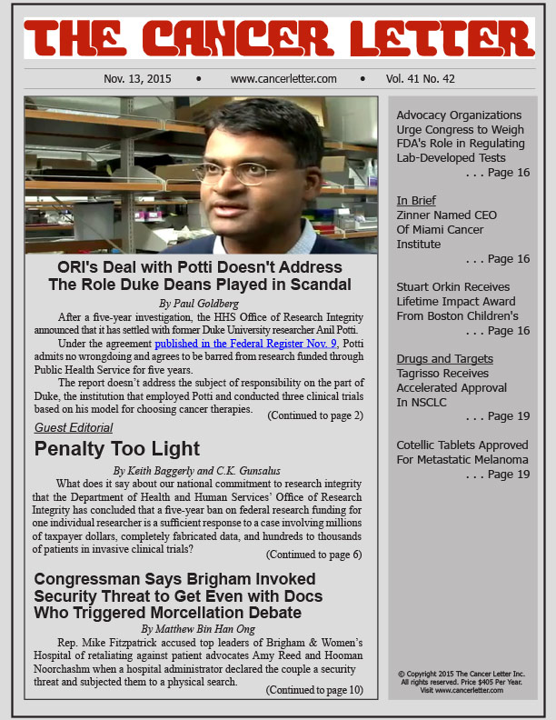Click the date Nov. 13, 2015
(x=137, y=79)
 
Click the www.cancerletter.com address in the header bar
(x=283, y=79)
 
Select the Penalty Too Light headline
(x=117, y=448)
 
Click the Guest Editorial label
(x=74, y=427)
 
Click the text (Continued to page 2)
(x=314, y=415)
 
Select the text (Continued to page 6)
(x=313, y=555)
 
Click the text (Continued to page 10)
(x=313, y=690)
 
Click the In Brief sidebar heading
(x=416, y=200)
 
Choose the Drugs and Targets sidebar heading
(x=445, y=359)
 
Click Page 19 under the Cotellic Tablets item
(x=508, y=475)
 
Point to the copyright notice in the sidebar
(x=462, y=682)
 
